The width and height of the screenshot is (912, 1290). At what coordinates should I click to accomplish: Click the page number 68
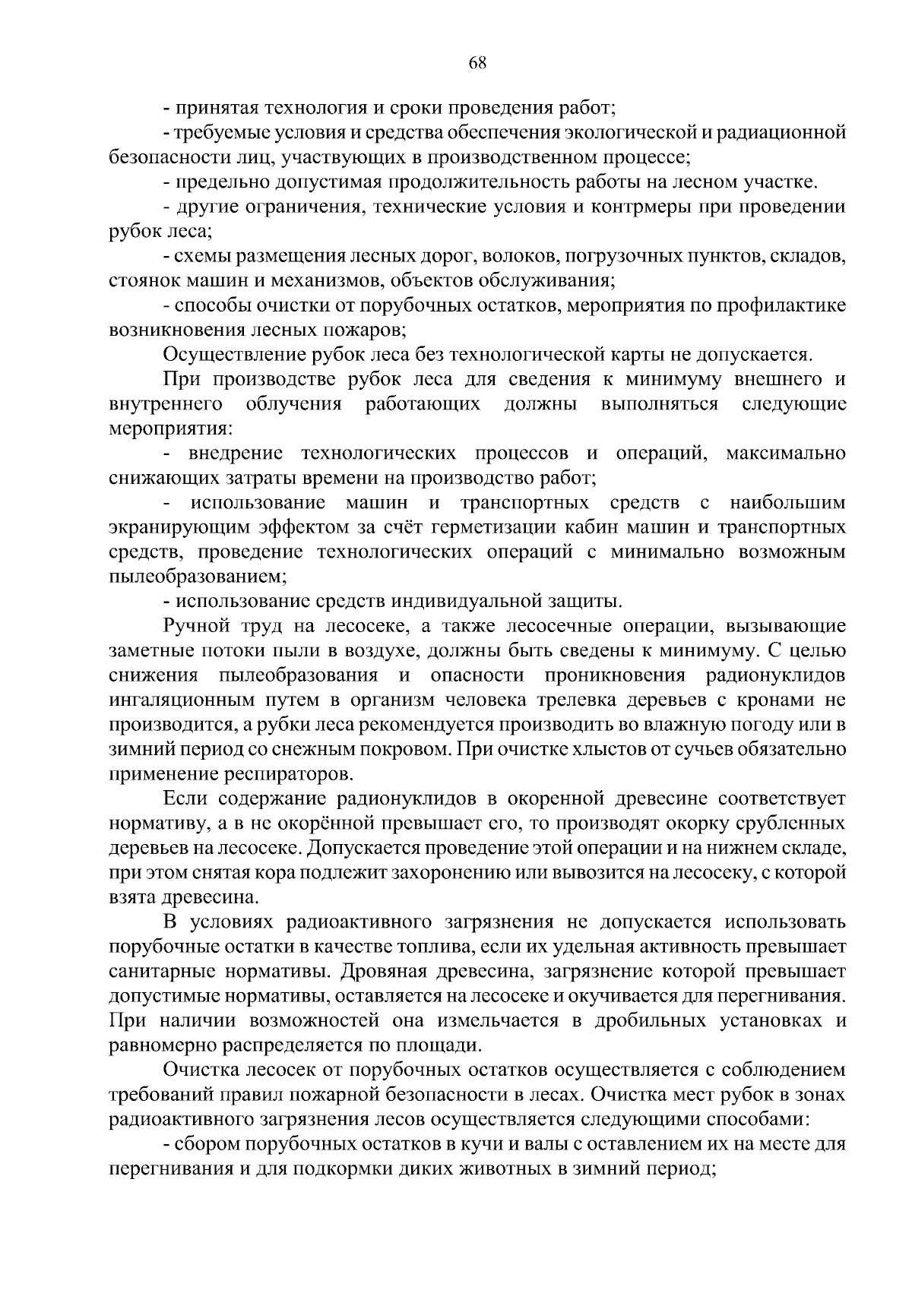477,63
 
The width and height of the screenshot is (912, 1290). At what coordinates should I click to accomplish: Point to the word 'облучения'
294,404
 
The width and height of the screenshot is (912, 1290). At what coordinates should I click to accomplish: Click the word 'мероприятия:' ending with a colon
168,428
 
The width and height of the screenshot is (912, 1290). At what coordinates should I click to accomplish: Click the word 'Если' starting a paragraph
183,798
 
